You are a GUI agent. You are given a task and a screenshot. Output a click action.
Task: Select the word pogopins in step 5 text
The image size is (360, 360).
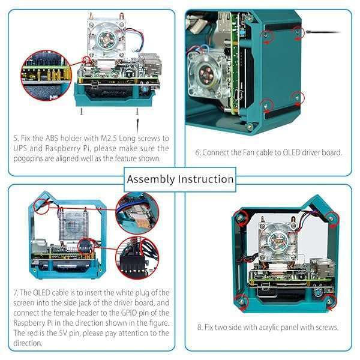coord(31,158)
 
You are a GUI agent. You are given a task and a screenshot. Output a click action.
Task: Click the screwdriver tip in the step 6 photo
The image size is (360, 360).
coord(308,32)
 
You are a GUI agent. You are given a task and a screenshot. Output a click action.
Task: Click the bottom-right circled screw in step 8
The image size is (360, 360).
coord(328,298)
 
